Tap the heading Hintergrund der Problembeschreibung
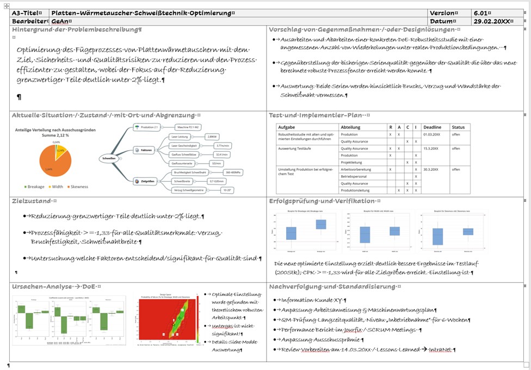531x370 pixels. (76, 29)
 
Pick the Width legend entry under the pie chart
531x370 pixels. (57, 186)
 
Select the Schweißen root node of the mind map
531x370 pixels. (109, 158)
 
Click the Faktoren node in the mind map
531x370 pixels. (145, 150)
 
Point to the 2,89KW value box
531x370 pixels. (212, 137)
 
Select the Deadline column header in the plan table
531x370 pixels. (432, 127)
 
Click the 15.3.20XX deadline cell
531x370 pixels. (432, 148)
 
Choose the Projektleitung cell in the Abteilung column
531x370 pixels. (353, 162)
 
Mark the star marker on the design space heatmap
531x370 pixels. (180, 317)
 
